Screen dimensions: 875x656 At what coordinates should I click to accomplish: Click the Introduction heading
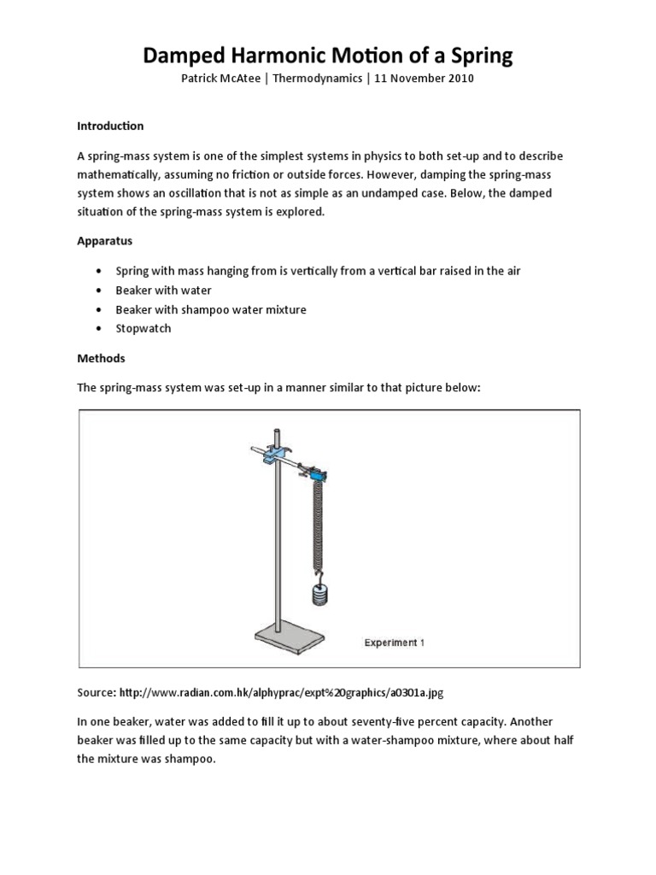(110, 126)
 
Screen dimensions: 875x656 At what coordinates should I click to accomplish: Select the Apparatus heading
(104, 241)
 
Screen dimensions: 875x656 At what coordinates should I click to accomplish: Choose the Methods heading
(101, 358)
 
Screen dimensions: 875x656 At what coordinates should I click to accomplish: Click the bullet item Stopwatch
(143, 328)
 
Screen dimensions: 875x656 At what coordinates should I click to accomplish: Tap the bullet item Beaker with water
(164, 290)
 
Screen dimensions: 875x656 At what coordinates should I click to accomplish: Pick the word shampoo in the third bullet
(207, 309)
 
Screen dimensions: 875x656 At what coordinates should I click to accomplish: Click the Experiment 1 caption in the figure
(395, 643)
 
